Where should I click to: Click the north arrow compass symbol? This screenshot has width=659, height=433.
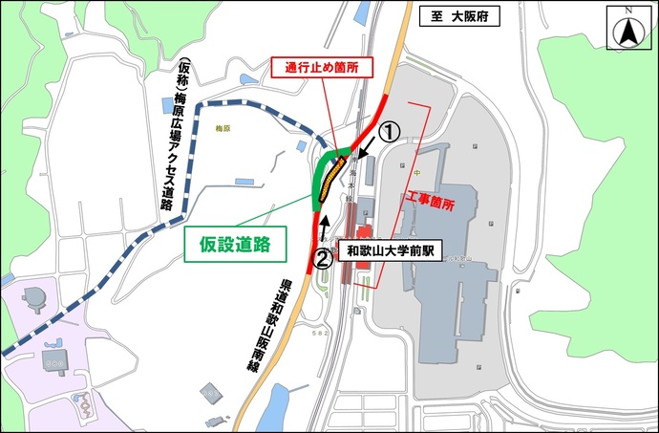628,28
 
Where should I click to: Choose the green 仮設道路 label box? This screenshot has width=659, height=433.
235,243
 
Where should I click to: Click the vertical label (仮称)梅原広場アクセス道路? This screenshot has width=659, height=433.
172,135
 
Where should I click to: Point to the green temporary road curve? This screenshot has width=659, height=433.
320,176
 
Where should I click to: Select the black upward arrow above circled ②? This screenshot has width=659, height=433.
325,227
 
